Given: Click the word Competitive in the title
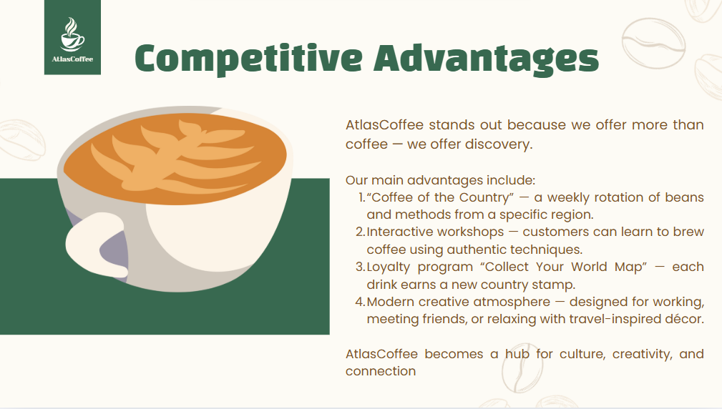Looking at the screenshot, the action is coord(248,59).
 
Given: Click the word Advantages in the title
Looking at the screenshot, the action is coord(487,59).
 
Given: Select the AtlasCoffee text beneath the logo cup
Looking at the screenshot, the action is coord(72,59).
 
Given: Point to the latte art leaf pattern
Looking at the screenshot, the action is coord(180,155).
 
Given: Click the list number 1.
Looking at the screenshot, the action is coord(361,197).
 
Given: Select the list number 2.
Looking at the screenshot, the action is coord(361,232).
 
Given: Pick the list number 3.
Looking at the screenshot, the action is coord(361,267).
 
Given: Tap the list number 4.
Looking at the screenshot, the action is coord(361,302).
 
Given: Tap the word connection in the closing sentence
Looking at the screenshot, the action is coord(381,371).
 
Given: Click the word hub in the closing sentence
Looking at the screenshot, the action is coord(517,354).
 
